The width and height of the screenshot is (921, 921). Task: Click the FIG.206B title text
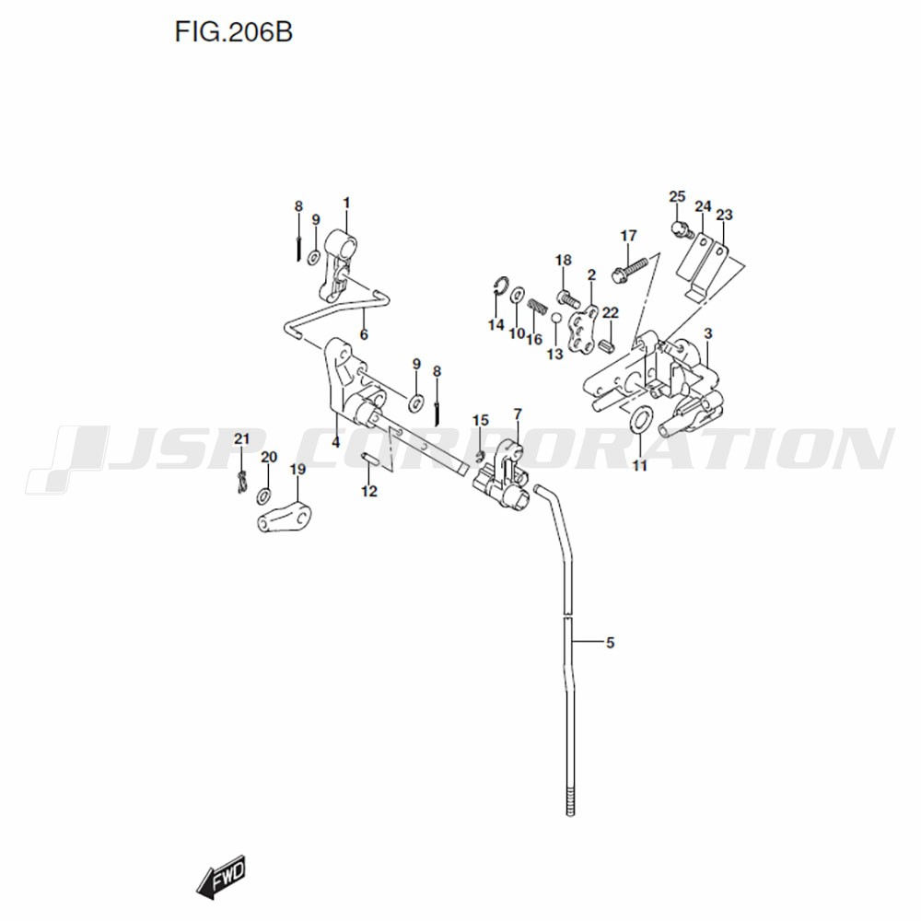tap(233, 32)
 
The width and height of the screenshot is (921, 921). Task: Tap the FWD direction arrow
tap(221, 878)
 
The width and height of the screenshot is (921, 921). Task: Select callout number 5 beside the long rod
tap(611, 643)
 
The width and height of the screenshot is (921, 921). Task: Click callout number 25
tap(677, 196)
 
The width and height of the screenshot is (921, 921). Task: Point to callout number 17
tap(628, 236)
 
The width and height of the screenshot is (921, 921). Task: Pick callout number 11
tap(640, 466)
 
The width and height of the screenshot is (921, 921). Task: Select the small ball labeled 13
tap(555, 318)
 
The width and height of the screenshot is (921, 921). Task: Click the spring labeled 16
tap(537, 308)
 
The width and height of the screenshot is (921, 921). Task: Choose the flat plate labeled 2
tap(581, 330)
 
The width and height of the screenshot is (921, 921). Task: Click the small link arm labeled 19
tap(285, 518)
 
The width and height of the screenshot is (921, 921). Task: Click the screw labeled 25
tap(682, 230)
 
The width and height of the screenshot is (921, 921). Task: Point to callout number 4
tap(335, 442)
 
